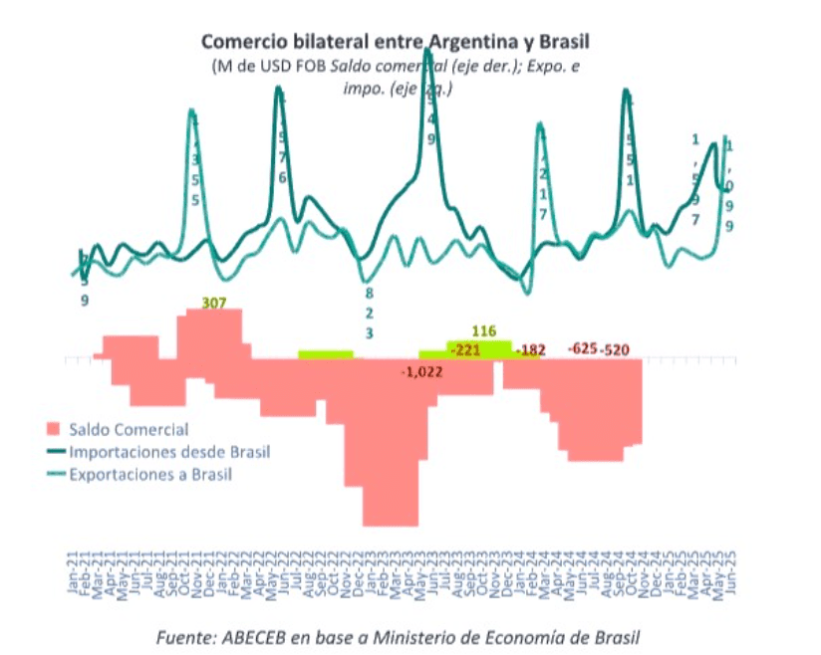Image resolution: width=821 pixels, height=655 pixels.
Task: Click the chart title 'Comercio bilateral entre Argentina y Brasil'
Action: coord(397,42)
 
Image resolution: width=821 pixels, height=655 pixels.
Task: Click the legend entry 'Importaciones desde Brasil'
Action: coord(169,452)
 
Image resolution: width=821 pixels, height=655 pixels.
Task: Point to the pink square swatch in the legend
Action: coord(54,430)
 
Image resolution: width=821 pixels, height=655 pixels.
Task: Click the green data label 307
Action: coord(213,302)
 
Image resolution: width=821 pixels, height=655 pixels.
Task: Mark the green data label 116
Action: coord(485,330)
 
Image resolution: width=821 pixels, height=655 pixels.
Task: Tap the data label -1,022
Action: coord(421,371)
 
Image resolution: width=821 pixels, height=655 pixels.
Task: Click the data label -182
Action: coord(532,350)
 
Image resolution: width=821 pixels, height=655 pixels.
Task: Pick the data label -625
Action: coord(583,349)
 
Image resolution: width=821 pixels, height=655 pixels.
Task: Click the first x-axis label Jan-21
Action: coord(73,576)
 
